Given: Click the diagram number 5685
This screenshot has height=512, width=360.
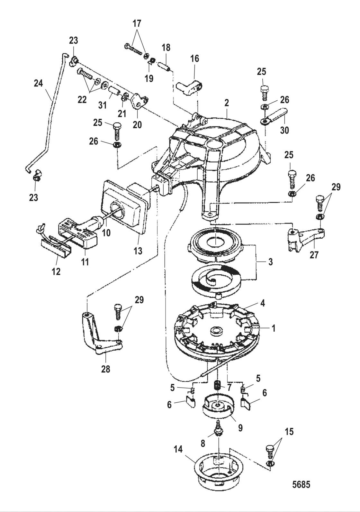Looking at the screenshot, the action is pyautogui.click(x=301, y=490).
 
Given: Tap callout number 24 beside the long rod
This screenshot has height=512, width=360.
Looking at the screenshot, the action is pyautogui.click(x=38, y=83).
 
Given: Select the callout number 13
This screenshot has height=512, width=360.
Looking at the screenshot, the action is pyautogui.click(x=138, y=251).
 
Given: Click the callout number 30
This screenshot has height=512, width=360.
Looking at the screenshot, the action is pyautogui.click(x=284, y=130).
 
